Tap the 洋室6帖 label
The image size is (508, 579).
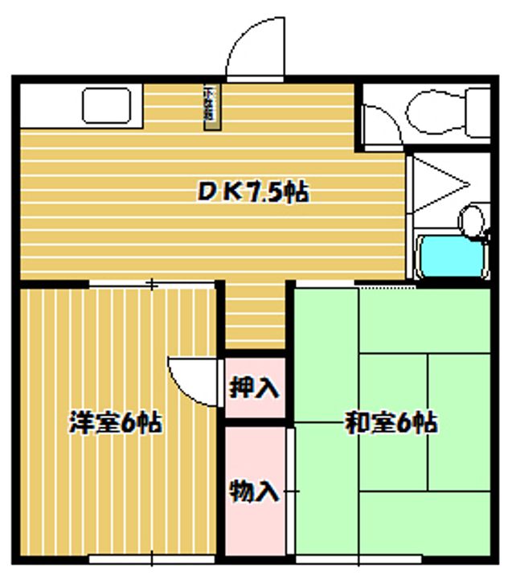click(x=116, y=421)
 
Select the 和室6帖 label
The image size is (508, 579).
click(x=391, y=421)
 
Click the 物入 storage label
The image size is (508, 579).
click(x=255, y=490)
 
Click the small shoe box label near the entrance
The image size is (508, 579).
click(x=208, y=104)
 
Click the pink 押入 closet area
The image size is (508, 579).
click(x=255, y=389)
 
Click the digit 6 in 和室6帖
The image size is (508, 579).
click(x=406, y=422)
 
